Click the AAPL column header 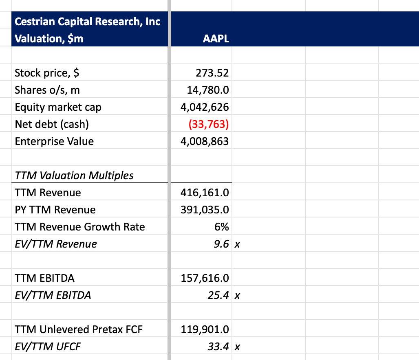pos(216,39)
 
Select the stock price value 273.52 pos(212,73)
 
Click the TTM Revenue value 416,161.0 pos(205,193)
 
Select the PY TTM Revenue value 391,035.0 pos(205,210)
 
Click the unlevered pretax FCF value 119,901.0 pos(205,329)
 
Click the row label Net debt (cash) pos(52,124)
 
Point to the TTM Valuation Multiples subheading pos(74,176)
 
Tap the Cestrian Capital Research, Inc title pos(88,21)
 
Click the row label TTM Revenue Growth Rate pos(80,227)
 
